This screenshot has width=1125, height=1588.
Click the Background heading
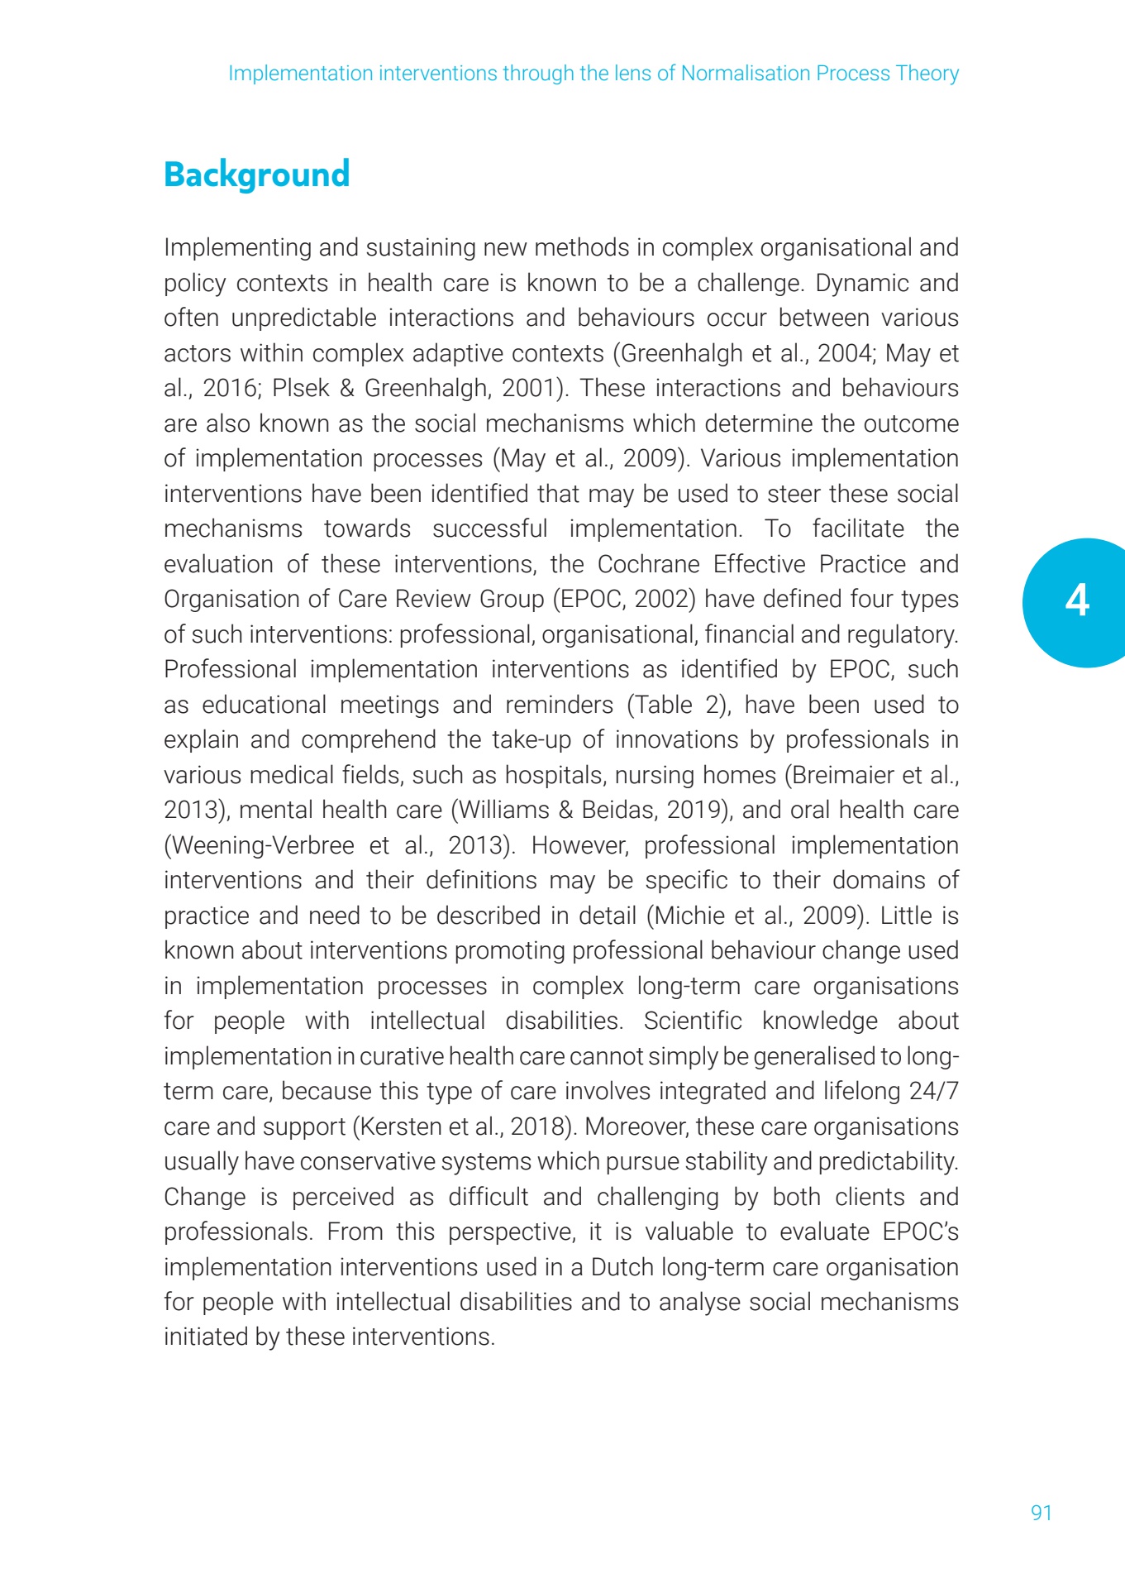[x=256, y=175]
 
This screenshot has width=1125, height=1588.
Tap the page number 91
[x=1041, y=1513]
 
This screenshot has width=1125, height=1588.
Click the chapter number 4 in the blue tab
[x=1076, y=600]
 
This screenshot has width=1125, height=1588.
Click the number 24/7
[x=933, y=1091]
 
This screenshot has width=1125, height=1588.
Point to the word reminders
[x=560, y=705]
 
